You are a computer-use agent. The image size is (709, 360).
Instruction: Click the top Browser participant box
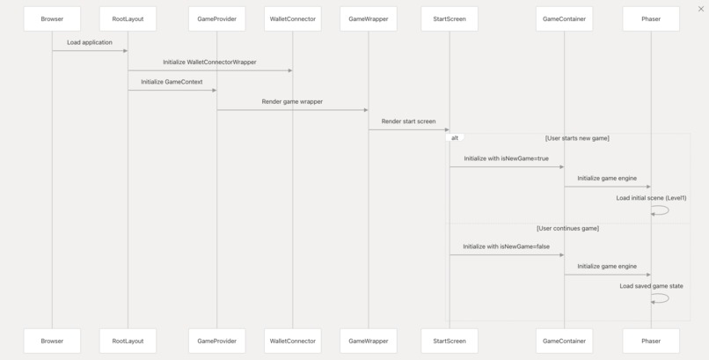(x=52, y=19)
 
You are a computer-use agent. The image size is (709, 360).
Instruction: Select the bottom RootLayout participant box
(x=128, y=341)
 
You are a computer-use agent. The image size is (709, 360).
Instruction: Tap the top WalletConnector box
(x=293, y=19)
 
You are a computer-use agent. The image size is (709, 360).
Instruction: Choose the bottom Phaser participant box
(x=651, y=341)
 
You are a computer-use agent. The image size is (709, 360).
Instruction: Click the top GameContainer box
(x=565, y=19)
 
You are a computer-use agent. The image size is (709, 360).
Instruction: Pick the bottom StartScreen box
(x=450, y=341)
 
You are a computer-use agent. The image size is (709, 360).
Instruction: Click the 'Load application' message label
(x=90, y=42)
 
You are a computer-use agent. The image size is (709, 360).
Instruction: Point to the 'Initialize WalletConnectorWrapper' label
(x=210, y=62)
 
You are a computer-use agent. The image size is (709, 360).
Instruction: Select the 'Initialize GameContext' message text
(x=172, y=82)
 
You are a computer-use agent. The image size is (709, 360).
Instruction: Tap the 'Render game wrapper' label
(x=292, y=102)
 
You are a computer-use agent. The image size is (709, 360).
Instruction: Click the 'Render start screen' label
(x=408, y=121)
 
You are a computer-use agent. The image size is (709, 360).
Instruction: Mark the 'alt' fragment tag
(x=455, y=138)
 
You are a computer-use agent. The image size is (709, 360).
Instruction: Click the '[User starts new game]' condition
(x=577, y=138)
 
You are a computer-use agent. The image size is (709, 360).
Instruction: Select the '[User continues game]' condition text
(x=568, y=228)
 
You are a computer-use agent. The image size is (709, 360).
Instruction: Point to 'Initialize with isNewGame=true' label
(x=506, y=158)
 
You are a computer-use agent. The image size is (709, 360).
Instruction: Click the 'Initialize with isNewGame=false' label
(x=507, y=246)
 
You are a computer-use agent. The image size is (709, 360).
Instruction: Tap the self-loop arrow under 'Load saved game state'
(x=669, y=298)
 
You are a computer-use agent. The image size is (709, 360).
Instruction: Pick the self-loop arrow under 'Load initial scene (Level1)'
(x=669, y=210)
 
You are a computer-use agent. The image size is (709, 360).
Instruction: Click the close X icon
(x=701, y=9)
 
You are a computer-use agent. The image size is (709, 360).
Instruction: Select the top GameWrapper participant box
(x=369, y=19)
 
